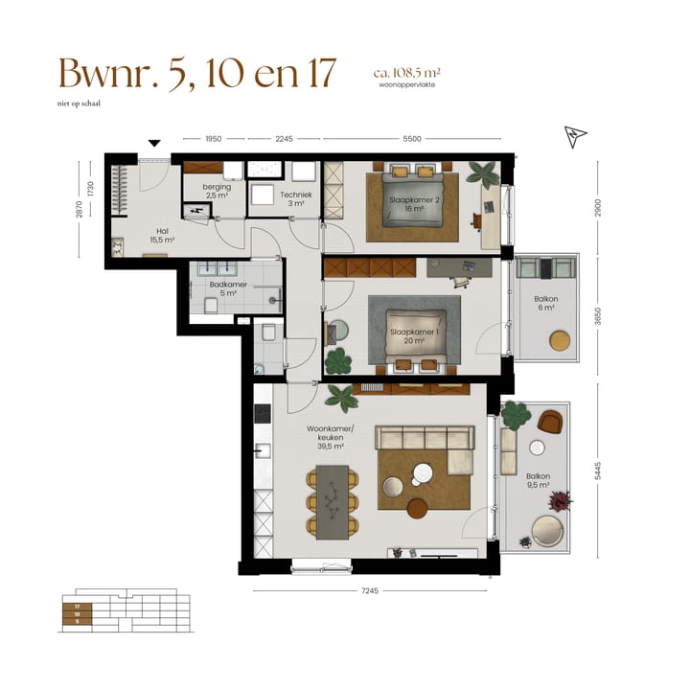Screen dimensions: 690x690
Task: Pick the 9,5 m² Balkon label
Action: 538,479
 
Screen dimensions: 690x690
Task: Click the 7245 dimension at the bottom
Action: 370,590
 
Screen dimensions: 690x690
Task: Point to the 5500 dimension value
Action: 412,139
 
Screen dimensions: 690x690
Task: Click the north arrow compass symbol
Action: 575,137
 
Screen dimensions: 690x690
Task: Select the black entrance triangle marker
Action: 154,145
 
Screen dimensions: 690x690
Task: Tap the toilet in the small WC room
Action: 270,333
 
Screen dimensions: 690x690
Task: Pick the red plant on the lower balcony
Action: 561,501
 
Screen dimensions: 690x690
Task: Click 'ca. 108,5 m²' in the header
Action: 407,72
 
